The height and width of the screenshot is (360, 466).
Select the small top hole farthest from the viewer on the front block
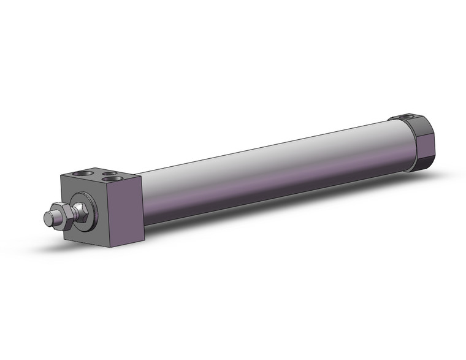click(110, 174)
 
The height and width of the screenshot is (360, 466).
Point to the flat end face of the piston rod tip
click(47, 217)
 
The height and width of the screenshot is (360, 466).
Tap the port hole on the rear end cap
click(404, 116)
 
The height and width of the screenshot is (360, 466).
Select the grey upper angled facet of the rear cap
click(417, 126)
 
